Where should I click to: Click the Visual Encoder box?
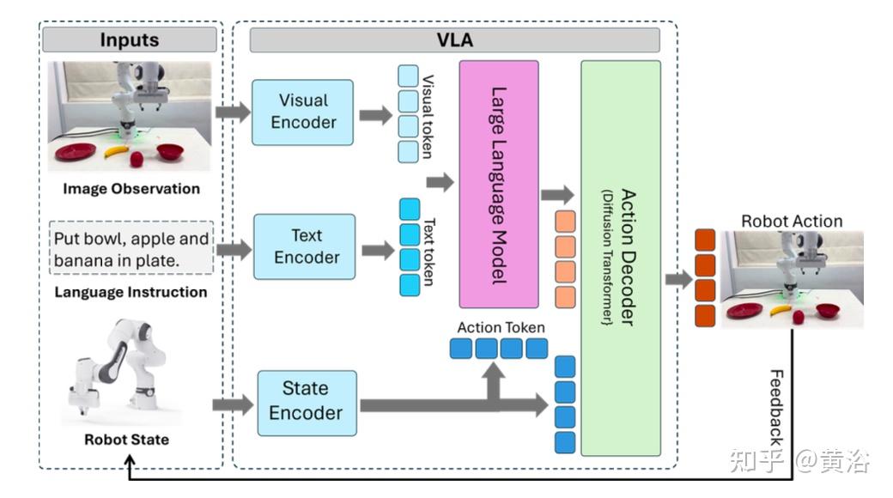coord(302,112)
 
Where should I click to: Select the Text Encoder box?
coord(305,246)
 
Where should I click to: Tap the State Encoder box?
coord(307,404)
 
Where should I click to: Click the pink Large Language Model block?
coord(499,185)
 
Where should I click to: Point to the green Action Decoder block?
coord(621,258)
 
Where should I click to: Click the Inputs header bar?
coord(130,39)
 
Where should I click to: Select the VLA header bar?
coord(455,39)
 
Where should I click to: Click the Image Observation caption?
coord(131,189)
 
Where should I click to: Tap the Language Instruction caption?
coord(131,292)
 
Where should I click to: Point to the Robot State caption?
coord(126,440)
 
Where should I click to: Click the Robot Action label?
coord(792,221)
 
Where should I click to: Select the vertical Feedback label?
coord(776,407)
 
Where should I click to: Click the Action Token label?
coord(501,328)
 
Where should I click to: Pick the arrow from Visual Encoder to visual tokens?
coord(376,115)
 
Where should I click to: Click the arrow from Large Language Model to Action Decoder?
coord(557,195)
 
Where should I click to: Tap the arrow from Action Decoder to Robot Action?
coord(679,279)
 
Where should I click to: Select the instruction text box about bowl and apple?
coord(131,248)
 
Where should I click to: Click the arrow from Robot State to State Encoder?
coord(233,405)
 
